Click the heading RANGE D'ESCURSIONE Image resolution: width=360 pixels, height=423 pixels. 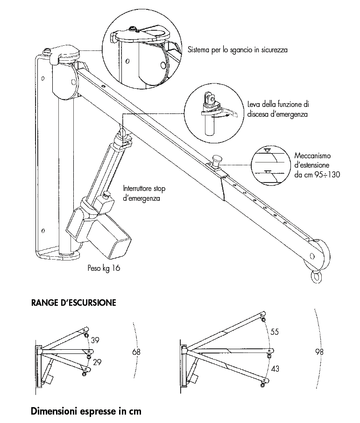[73, 303]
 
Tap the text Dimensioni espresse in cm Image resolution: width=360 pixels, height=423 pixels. [86, 412]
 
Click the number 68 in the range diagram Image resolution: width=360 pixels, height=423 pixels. [136, 352]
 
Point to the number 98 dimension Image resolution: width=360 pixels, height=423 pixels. [319, 352]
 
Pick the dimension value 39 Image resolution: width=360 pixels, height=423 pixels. [95, 340]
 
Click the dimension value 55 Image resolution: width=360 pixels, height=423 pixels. [275, 332]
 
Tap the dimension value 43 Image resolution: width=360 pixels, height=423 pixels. [275, 369]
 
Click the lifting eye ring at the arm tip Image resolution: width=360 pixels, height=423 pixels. [317, 276]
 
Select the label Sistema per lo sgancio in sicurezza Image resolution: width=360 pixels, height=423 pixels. [238, 49]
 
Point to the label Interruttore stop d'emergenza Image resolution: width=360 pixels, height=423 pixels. [144, 193]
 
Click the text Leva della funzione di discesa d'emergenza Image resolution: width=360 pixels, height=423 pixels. [278, 109]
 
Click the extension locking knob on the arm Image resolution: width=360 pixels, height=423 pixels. [217, 160]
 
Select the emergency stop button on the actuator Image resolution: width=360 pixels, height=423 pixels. [108, 195]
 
